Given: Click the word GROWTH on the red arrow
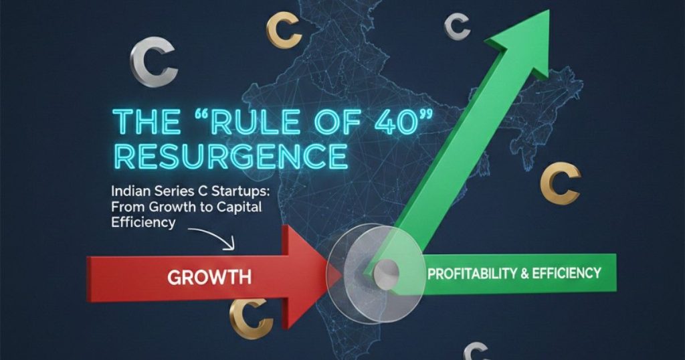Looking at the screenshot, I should pos(209,275).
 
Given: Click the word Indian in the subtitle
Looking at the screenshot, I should pos(130,192).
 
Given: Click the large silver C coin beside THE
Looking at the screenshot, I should pos(153,62).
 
